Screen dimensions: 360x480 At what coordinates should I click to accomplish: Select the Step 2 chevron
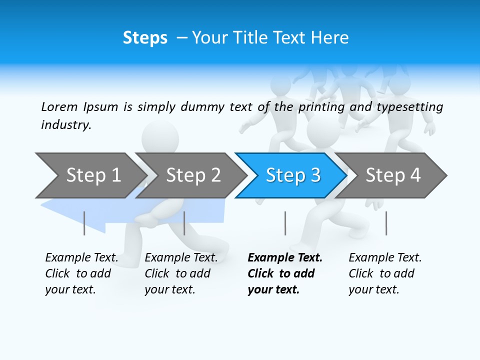tap(193, 175)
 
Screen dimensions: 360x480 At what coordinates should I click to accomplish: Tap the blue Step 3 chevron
tap(292, 175)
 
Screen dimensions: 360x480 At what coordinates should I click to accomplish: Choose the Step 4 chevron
tap(392, 175)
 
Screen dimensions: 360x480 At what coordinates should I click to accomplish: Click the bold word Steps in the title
tap(145, 38)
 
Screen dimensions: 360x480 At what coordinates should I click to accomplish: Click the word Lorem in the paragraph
tap(59, 106)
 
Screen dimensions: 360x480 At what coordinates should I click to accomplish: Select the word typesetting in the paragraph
tap(409, 107)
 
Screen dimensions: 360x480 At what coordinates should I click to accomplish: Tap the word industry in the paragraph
tap(65, 124)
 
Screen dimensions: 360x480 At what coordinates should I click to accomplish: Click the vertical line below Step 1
tap(84, 223)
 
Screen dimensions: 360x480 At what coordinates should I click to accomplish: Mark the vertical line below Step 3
tap(285, 223)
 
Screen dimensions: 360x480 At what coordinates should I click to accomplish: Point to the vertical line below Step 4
tap(386, 223)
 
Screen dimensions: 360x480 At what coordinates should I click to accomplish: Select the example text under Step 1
tap(81, 273)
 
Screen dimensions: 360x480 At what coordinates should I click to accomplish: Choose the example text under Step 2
tap(180, 273)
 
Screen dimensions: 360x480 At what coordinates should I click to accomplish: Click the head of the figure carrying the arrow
tap(160, 136)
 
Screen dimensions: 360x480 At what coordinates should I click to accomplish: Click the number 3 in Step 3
tap(315, 175)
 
